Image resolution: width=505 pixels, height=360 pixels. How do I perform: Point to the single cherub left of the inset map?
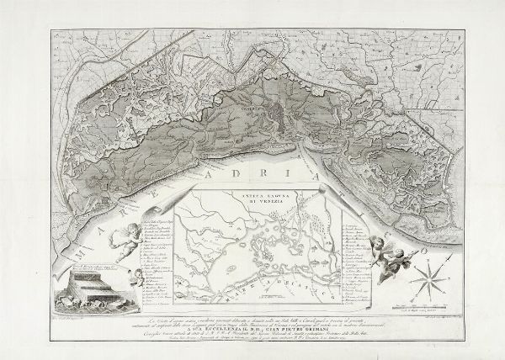click(x=127, y=241)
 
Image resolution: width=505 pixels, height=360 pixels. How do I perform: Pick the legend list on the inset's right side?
click(x=357, y=257)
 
